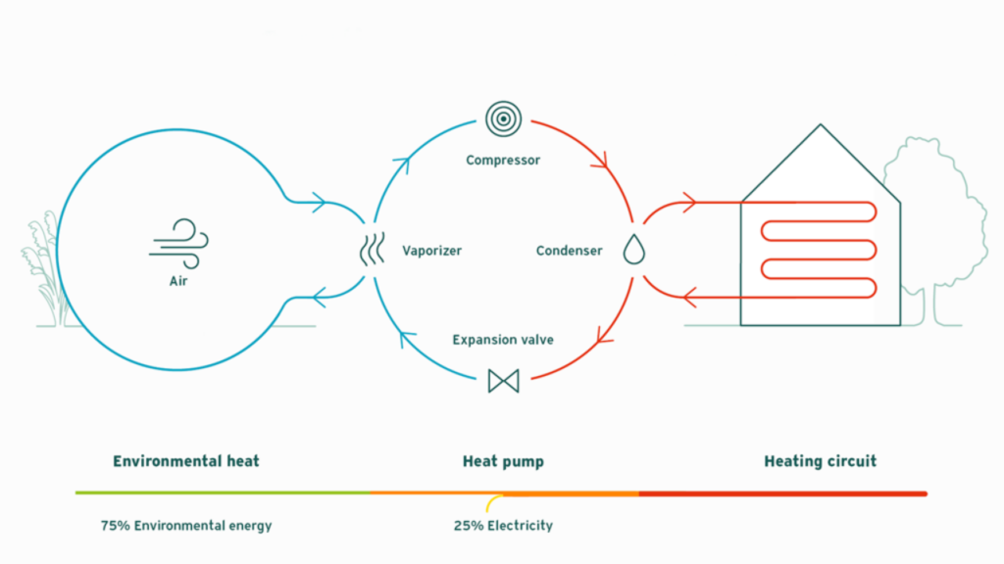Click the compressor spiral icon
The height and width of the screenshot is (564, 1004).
[503, 119]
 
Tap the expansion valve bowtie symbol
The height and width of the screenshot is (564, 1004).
[503, 380]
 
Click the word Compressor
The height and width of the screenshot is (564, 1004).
[503, 160]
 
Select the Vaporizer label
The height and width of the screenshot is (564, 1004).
[431, 251]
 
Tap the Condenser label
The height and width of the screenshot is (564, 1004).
[569, 251]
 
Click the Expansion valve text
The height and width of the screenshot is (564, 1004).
[503, 340]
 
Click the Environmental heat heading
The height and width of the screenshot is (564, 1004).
[186, 460]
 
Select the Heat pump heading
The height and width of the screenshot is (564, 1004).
[503, 460]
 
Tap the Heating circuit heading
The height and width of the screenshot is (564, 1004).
[820, 460]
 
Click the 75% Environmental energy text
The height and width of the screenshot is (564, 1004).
[186, 526]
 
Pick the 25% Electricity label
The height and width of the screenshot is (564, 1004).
[503, 526]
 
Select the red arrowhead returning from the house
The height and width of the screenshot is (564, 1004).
[689, 293]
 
